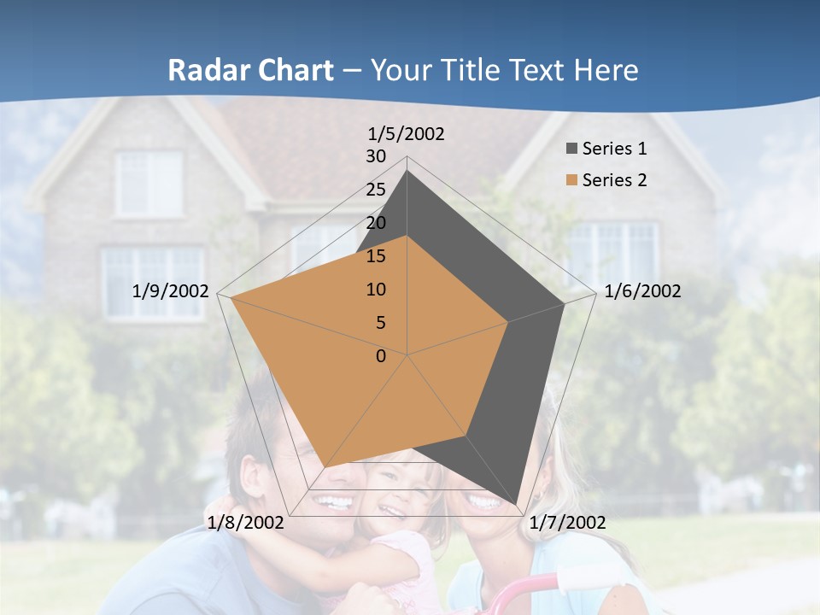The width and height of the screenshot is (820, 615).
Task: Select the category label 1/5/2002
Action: coord(407,133)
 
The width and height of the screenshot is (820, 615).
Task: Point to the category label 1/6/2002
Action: coord(642,291)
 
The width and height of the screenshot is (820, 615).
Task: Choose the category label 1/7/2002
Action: coord(567,522)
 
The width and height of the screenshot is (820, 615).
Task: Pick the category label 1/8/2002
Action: coord(246,522)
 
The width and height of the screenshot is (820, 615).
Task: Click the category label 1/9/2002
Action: coord(171,291)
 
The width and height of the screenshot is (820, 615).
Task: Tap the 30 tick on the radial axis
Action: coord(376,156)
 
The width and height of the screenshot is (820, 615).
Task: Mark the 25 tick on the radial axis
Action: coord(376,190)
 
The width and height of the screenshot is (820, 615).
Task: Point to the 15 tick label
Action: coord(376,256)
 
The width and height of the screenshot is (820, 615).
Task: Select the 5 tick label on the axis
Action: coord(380,323)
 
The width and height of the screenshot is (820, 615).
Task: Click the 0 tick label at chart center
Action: coord(381,356)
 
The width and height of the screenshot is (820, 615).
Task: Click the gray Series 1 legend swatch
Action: coord(571,149)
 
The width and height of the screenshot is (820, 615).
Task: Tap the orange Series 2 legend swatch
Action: coord(571,180)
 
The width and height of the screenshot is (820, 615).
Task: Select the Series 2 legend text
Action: coord(614,180)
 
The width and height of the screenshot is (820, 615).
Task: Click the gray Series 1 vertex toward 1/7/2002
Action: coord(516,504)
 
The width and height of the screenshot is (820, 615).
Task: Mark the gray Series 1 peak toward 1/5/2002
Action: coord(407,171)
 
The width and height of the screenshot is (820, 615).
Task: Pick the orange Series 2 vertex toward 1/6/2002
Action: coord(508,322)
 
